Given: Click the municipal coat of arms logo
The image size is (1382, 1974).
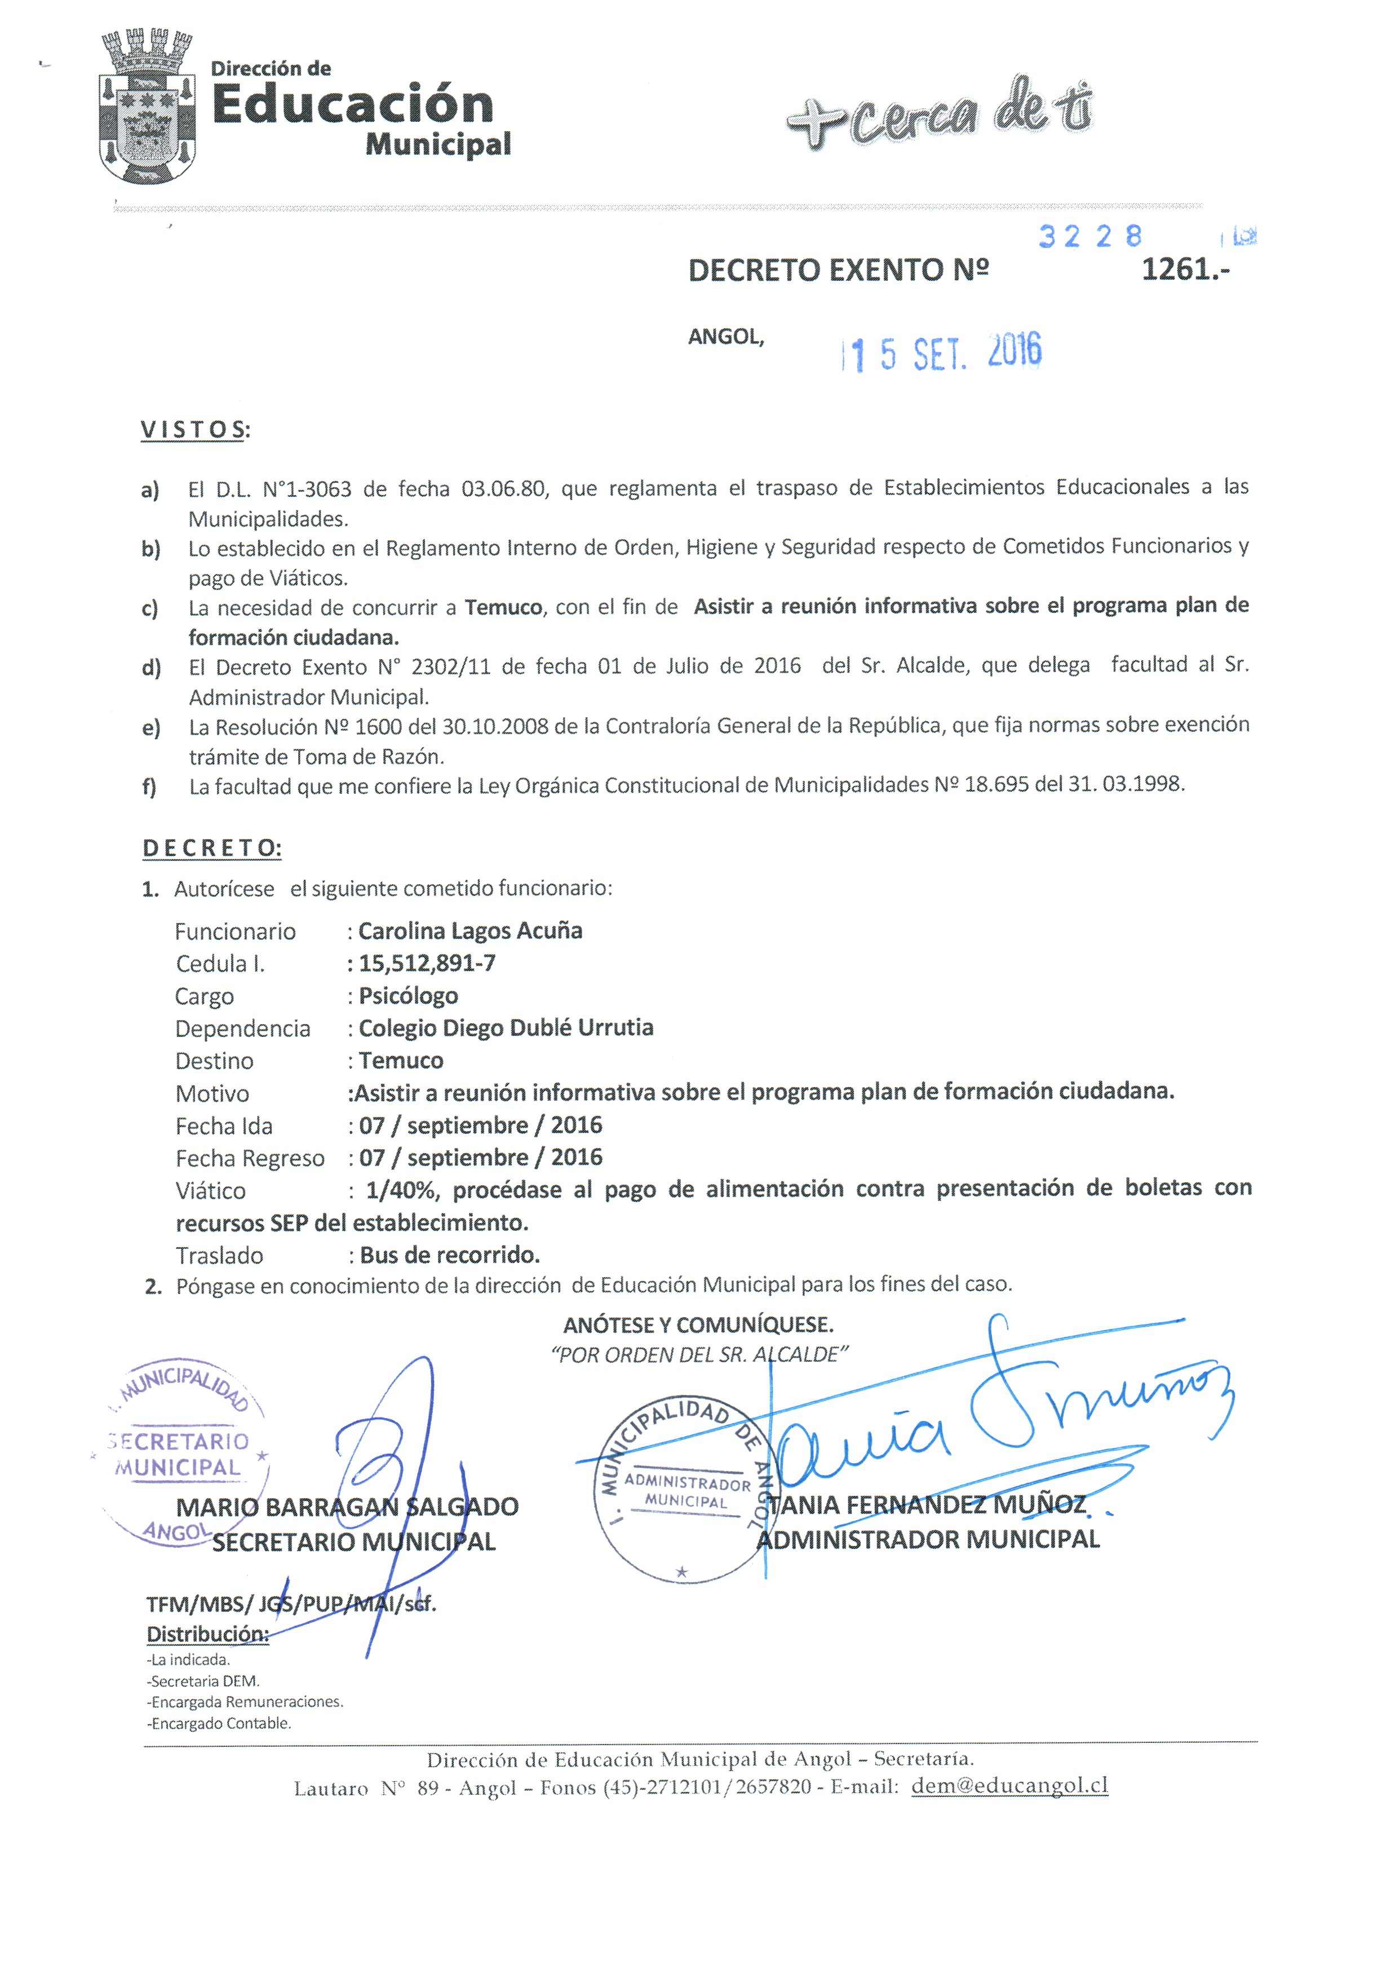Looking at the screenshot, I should click(x=146, y=108).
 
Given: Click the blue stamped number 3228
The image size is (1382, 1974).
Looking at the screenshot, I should click(x=1090, y=236).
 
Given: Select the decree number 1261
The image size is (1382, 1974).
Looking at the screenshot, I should click(x=1184, y=270).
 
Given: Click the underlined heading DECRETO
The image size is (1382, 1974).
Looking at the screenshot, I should click(x=211, y=849).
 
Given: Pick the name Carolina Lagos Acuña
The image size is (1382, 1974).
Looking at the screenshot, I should click(x=470, y=931).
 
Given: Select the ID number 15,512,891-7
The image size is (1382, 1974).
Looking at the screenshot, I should click(x=427, y=964).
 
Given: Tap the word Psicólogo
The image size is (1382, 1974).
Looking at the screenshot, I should click(x=408, y=996).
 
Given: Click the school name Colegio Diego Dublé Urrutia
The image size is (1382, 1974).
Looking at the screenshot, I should click(x=506, y=1028).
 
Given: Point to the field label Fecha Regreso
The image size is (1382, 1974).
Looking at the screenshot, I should click(x=250, y=1159).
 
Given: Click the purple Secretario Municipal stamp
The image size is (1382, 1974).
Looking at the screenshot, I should click(x=180, y=1453).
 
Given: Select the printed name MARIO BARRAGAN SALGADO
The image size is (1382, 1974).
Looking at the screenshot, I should click(x=347, y=1507).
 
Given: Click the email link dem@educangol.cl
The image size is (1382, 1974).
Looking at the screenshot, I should click(x=1009, y=1786).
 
